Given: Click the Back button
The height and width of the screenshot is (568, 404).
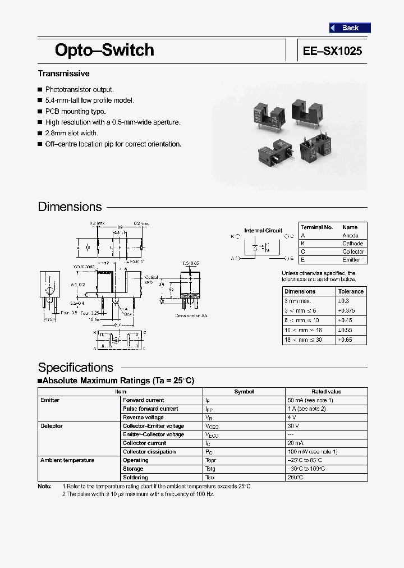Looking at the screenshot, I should click(x=350, y=28).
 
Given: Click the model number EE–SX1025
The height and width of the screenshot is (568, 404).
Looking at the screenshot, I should click(x=332, y=51).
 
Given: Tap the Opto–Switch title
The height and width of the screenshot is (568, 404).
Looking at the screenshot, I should click(x=104, y=50).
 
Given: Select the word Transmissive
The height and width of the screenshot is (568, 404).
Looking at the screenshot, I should click(x=63, y=74).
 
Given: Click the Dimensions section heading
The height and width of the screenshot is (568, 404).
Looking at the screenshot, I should click(x=70, y=207).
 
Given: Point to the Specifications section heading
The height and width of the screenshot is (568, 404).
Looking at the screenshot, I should click(x=75, y=368).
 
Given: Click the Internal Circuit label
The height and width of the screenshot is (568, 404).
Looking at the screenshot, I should click(x=263, y=231).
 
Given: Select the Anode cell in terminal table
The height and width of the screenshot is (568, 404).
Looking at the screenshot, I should click(x=350, y=236).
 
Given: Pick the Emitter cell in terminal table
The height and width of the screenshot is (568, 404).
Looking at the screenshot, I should click(x=351, y=260).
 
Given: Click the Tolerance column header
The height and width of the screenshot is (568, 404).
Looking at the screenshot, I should click(x=351, y=291).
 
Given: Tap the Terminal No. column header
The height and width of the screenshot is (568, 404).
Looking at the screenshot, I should click(x=317, y=227).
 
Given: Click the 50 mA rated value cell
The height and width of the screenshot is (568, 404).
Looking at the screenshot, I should click(x=310, y=400).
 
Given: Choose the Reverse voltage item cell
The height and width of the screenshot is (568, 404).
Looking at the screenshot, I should click(x=143, y=418).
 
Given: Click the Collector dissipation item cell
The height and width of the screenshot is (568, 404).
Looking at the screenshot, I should click(x=149, y=452).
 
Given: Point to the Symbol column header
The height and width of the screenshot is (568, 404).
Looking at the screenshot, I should click(x=244, y=392).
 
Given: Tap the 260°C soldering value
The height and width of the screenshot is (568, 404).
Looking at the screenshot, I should click(x=295, y=478).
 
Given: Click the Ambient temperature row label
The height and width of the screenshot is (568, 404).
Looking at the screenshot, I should click(x=67, y=460).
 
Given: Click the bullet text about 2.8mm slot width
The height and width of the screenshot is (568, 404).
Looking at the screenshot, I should click(x=71, y=133).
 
